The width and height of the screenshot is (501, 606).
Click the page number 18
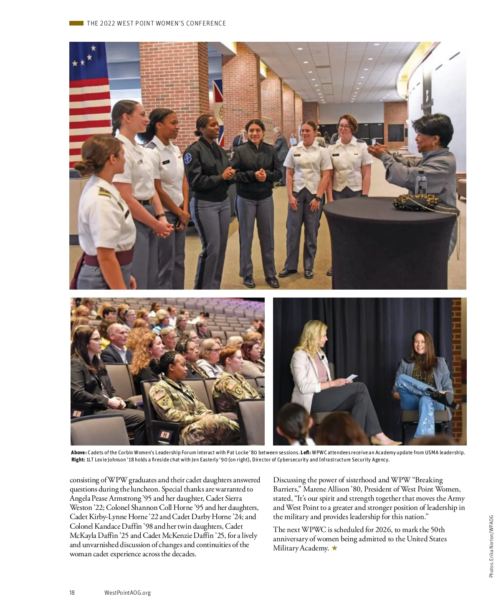point(72,592)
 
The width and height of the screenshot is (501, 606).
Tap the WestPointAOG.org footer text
point(127,592)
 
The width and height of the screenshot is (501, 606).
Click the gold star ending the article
point(334,548)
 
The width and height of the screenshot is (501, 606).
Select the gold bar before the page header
point(76,23)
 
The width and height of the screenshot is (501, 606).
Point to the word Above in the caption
point(78,453)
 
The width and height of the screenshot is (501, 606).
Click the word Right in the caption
point(78,460)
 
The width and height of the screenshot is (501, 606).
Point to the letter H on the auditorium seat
point(165,435)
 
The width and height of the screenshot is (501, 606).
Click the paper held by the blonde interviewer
point(351,377)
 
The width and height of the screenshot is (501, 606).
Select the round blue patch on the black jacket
point(188,158)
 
